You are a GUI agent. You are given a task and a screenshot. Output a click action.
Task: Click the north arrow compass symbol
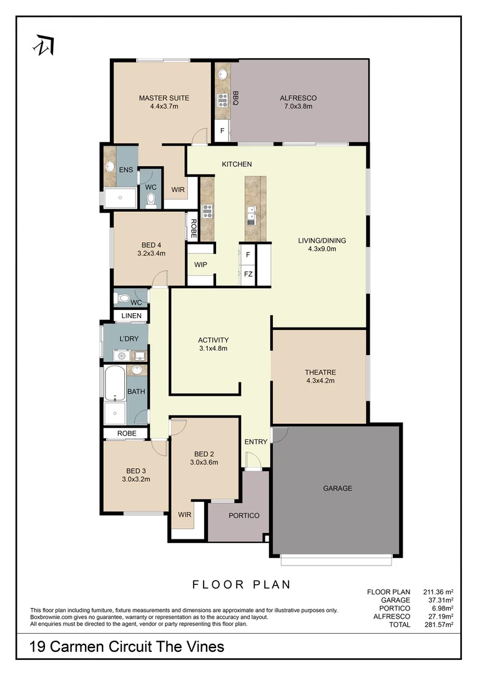click(x=44, y=45)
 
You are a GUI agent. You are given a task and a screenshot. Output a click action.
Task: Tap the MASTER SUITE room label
click(x=164, y=98)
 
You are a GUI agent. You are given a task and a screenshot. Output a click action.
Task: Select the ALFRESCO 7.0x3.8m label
click(x=298, y=102)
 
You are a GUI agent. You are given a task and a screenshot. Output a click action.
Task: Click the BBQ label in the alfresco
click(x=236, y=98)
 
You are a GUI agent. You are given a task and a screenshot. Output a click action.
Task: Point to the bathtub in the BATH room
click(x=115, y=383)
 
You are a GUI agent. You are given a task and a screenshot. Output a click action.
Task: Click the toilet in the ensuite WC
click(x=150, y=199)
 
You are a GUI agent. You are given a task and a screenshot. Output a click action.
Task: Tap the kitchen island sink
click(x=251, y=215)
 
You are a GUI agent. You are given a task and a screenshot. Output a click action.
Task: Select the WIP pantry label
click(x=200, y=264)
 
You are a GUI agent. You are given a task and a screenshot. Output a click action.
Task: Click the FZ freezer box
click(x=248, y=274)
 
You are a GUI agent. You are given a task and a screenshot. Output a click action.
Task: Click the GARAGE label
click(x=337, y=488)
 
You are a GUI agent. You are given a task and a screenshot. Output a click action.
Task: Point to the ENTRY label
click(x=256, y=442)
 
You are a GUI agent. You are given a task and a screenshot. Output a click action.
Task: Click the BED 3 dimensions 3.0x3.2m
click(x=135, y=479)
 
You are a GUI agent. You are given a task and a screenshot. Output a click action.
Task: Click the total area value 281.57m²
click(x=436, y=624)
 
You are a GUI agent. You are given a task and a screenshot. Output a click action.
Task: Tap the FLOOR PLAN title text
click(x=241, y=585)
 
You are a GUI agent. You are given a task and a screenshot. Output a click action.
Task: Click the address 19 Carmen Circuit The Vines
click(x=127, y=647)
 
